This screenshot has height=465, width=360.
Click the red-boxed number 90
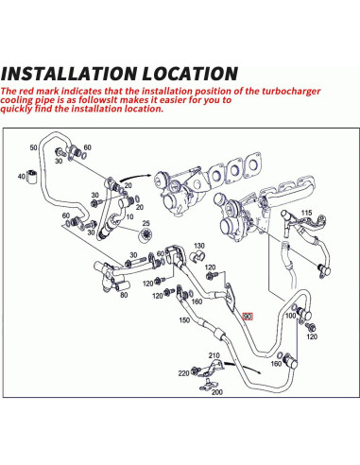coord(248,316)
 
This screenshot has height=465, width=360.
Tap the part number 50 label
coord(34,147)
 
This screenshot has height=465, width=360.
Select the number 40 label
coord(22,176)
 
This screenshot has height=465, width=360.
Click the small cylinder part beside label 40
coord(31,176)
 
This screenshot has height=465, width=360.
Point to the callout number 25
coord(146,223)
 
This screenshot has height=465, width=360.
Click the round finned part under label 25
coord(146,235)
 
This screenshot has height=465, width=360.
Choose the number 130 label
coord(199,246)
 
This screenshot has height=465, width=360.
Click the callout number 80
coord(124,295)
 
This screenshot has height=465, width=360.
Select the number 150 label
coord(184,320)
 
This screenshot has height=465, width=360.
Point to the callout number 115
coord(306,213)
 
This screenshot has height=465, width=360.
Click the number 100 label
coord(290,316)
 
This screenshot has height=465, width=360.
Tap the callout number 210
coord(214,355)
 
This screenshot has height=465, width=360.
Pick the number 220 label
coord(183,373)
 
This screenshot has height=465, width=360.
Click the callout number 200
coord(217,392)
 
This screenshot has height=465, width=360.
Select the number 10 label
coord(129,217)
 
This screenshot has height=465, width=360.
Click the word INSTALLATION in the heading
coord(70,74)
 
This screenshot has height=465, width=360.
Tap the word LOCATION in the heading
coord(190,74)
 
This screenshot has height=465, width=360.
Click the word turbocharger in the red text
coord(291,92)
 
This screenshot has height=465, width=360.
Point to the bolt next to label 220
coord(197,371)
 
